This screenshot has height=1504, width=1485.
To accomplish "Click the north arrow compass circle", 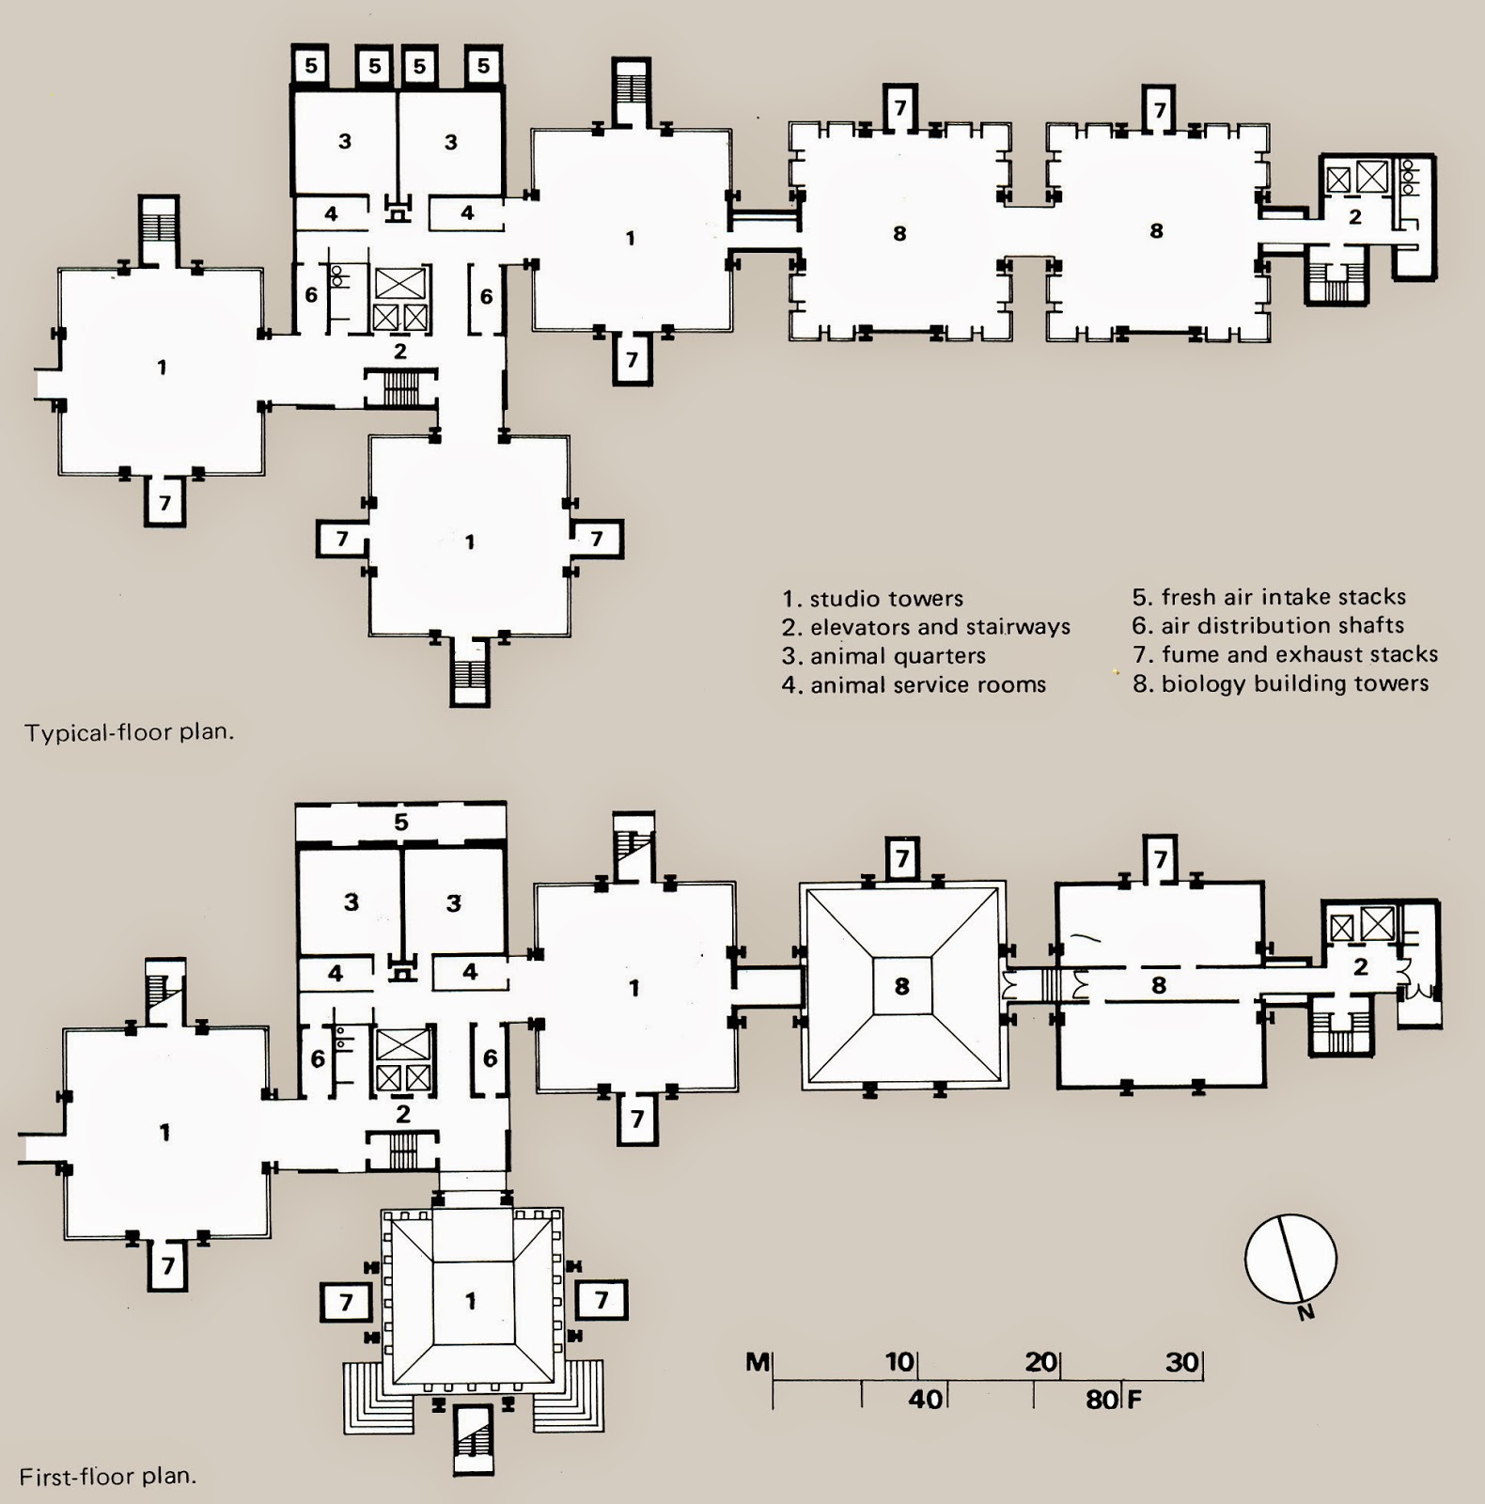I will (x=1290, y=1258).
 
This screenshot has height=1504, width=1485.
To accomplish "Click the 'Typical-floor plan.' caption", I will (x=129, y=732).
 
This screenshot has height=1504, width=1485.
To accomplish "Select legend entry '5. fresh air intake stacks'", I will (x=1269, y=597).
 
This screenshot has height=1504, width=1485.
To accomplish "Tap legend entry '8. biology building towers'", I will (x=1280, y=683).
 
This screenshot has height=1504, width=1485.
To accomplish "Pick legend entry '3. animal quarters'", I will (x=883, y=656).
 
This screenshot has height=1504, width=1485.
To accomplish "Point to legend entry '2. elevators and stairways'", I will (x=926, y=627).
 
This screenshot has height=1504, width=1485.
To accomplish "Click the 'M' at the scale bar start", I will (x=758, y=1361).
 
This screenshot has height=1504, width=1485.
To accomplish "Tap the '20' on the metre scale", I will (x=1040, y=1361).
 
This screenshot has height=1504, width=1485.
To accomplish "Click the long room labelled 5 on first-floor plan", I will (x=401, y=822).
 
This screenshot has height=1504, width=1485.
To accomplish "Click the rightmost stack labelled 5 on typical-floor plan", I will (x=483, y=66).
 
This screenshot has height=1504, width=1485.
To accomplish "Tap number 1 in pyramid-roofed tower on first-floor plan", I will (x=471, y=1301).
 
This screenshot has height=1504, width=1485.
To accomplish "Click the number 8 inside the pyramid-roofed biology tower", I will (x=902, y=985).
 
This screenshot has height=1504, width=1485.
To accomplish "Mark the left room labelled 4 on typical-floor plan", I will (x=331, y=214).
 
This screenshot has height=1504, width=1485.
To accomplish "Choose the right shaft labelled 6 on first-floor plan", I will (x=490, y=1058).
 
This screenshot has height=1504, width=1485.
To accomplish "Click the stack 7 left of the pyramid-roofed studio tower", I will (x=346, y=1302).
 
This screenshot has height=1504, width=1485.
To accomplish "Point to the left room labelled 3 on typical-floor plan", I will (x=345, y=141).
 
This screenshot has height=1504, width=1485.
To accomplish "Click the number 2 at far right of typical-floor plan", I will (x=1354, y=217).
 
